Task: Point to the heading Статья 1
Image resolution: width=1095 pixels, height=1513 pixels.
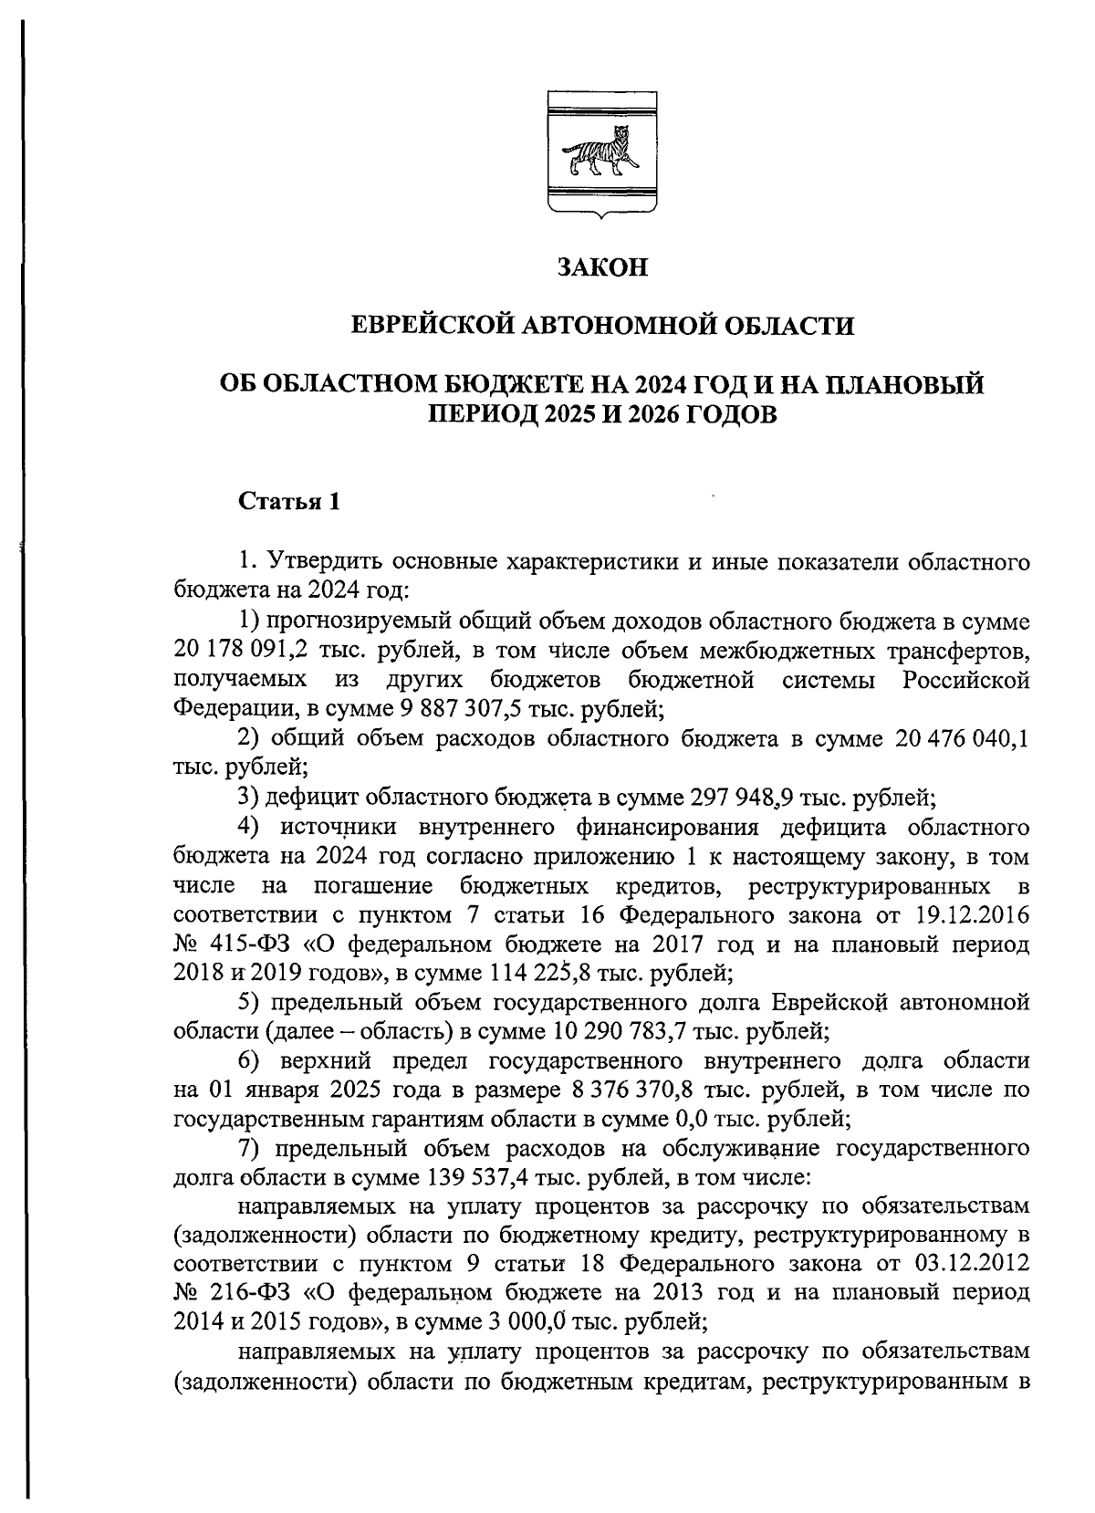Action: [289, 501]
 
